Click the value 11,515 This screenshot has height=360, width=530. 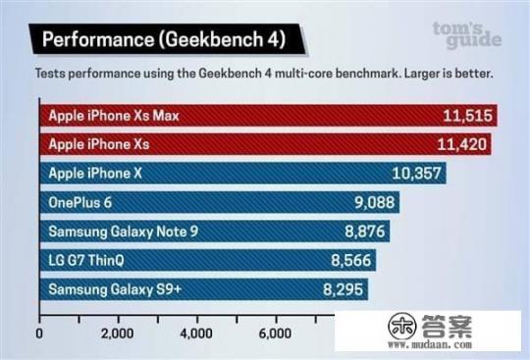coord(466,116)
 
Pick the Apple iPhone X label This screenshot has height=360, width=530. coord(95,174)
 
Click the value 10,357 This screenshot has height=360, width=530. coord(417,174)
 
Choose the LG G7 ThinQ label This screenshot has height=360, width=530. coord(92,261)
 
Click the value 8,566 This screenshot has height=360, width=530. coord(350,261)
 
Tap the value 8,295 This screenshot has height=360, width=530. coord(340,289)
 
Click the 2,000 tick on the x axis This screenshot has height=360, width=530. coord(118,334)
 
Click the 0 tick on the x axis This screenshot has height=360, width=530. coord(39,334)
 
